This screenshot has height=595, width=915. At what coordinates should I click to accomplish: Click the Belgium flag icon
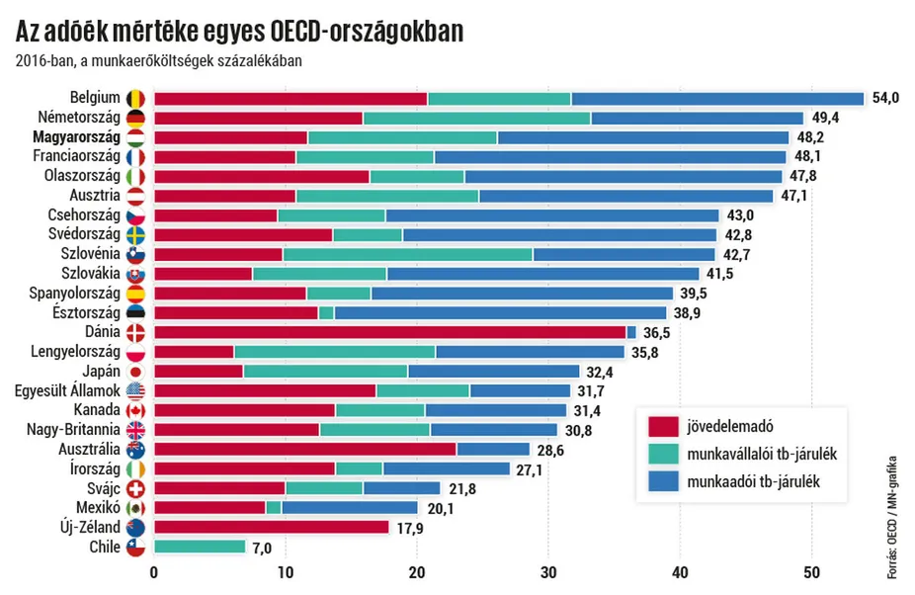pyautogui.click(x=135, y=99)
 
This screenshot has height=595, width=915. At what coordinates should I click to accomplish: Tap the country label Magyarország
pyautogui.click(x=76, y=137)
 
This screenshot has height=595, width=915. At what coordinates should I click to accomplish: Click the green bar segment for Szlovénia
pyautogui.click(x=407, y=254)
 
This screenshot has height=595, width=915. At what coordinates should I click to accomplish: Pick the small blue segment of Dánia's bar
pyautogui.click(x=631, y=332)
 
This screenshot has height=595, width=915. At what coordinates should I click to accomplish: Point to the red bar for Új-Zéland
pyautogui.click(x=272, y=527)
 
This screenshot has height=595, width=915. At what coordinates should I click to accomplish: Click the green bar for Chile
pyautogui.click(x=200, y=547)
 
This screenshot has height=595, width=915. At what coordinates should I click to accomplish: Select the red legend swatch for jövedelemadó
pyautogui.click(x=662, y=427)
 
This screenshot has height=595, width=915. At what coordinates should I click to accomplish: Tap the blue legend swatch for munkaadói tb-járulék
pyautogui.click(x=662, y=482)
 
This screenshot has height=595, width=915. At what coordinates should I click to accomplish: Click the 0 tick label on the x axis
pyautogui.click(x=154, y=572)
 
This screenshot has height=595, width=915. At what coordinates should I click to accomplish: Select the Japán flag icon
pyautogui.click(x=135, y=372)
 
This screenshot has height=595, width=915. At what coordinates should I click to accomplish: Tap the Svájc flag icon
pyautogui.click(x=135, y=488)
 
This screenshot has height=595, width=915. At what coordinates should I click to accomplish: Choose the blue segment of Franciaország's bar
pyautogui.click(x=610, y=157)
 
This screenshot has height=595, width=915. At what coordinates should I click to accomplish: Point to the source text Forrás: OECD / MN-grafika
pyautogui.click(x=892, y=517)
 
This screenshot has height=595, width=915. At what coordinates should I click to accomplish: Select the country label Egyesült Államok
pyautogui.click(x=67, y=391)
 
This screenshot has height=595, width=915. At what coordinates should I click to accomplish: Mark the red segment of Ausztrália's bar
pyautogui.click(x=305, y=450)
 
